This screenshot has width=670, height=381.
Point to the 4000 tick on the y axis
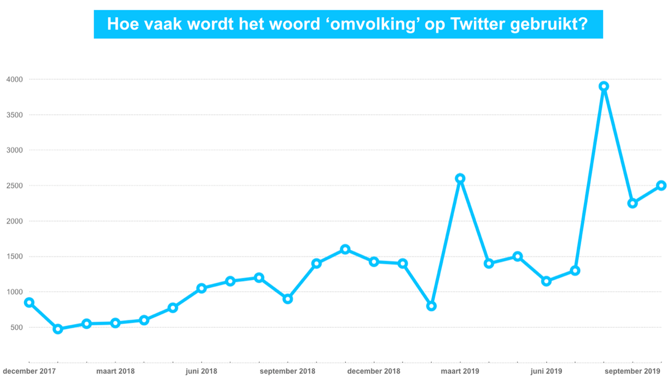14,79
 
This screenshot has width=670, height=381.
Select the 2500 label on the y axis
14,185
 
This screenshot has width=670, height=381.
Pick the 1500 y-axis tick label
14,256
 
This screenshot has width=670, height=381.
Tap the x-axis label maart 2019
460,371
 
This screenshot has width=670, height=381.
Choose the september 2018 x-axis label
288,371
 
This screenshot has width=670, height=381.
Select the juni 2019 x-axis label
546,371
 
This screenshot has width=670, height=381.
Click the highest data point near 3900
604,86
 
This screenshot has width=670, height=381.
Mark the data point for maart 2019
460,178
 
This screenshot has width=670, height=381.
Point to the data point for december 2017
29,302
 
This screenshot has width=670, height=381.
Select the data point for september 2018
288,299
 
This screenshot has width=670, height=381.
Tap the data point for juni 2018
202,288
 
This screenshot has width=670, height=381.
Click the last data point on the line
661,185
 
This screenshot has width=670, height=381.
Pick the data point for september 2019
633,203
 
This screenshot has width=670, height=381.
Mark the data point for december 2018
374,261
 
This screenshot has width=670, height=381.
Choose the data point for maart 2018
115,323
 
